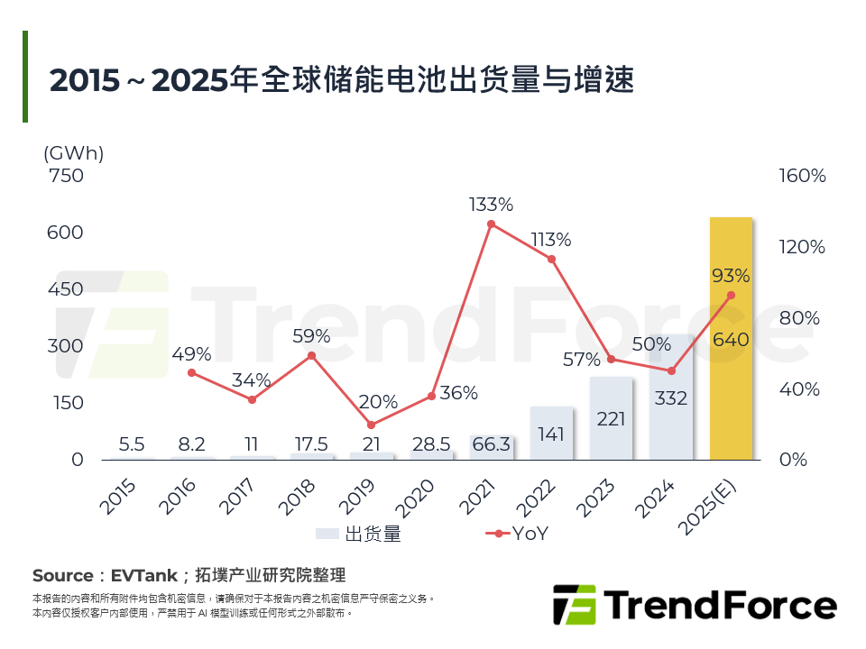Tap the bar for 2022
[551, 434]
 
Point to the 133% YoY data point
[491, 224]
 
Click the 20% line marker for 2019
[371, 425]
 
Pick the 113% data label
[550, 240]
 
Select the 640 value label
[731, 340]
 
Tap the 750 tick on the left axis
[65, 176]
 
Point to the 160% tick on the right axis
[802, 176]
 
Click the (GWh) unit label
[74, 153]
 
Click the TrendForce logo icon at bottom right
[574, 604]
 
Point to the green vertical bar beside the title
[25, 77]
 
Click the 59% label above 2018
[311, 335]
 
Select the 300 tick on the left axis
[65, 346]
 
